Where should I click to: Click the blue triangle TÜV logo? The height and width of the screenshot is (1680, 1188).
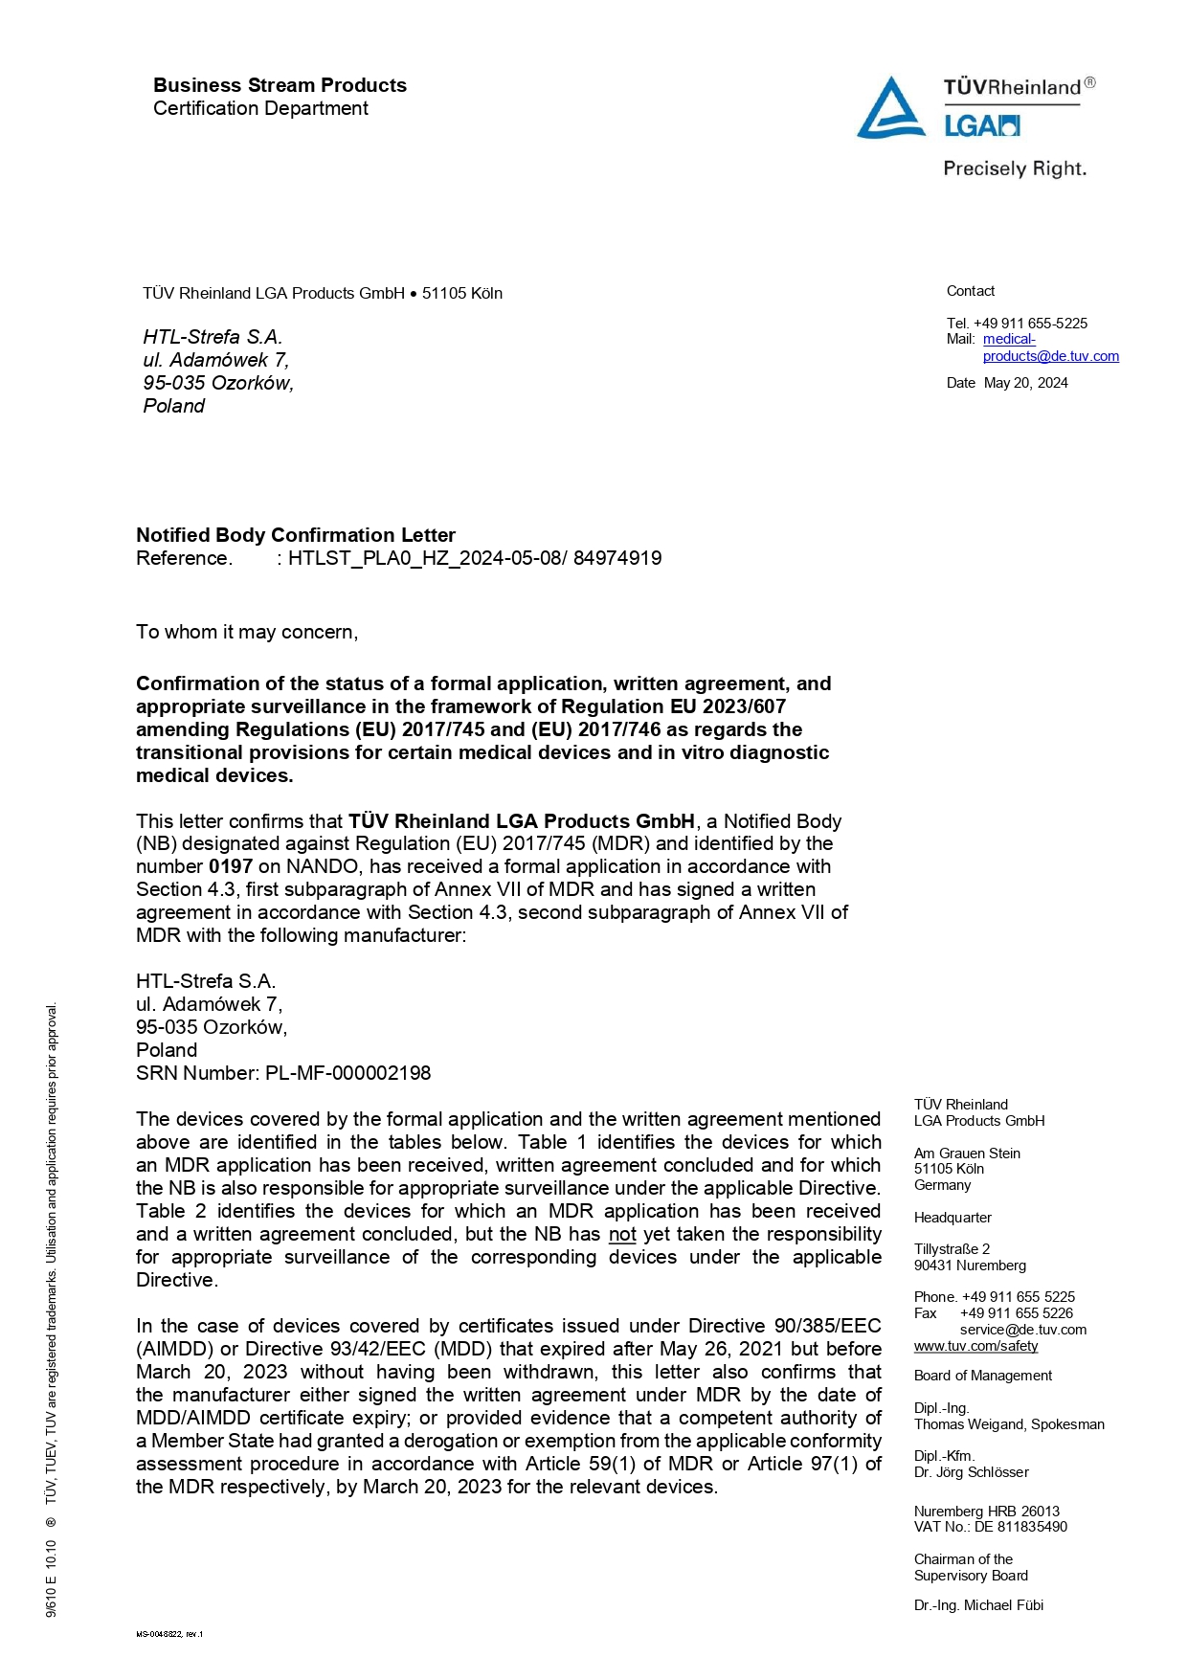[890, 109]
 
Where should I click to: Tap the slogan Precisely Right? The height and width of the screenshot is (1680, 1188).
[1014, 169]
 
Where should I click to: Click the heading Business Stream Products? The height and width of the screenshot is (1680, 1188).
[280, 85]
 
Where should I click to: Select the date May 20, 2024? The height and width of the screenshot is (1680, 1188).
[1025, 383]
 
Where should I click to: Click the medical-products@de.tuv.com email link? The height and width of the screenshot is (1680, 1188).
[1050, 356]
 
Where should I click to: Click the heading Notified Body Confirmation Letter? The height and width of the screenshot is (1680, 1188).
[295, 535]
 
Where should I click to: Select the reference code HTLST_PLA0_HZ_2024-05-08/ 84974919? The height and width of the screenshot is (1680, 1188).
[475, 558]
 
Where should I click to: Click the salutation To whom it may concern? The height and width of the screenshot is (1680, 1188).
[246, 632]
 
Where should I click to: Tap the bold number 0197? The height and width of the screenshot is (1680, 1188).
[231, 866]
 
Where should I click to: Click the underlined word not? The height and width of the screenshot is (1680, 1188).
[622, 1234]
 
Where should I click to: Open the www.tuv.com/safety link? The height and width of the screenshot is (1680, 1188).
[975, 1346]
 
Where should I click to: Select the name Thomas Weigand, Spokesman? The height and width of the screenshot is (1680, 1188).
[1009, 1424]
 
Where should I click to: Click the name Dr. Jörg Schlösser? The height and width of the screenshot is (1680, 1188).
[971, 1472]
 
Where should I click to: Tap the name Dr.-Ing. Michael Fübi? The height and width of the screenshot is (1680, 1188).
[978, 1605]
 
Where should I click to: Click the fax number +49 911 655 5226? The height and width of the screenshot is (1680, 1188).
[1017, 1313]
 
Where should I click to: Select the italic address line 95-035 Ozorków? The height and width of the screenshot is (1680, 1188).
[218, 383]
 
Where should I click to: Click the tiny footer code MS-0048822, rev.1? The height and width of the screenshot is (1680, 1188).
[169, 1634]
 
